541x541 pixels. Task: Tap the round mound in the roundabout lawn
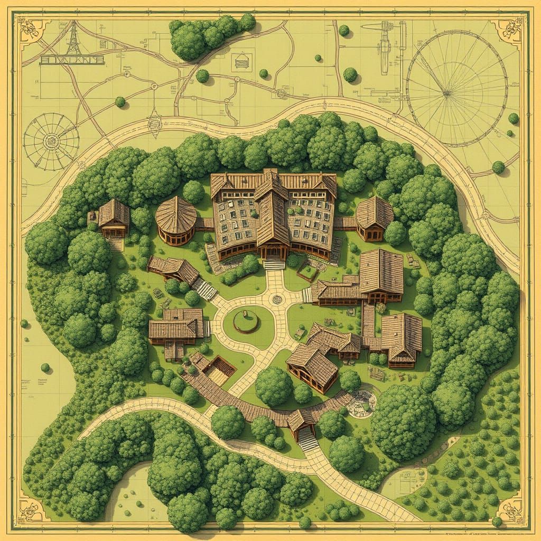pyautogui.click(x=246, y=321)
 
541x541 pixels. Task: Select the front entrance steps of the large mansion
pyautogui.click(x=274, y=264)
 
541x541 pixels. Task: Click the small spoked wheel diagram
pyautogui.click(x=51, y=141)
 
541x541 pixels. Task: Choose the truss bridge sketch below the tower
pyautogui.click(x=72, y=60)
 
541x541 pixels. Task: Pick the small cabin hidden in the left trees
pyautogui.click(x=113, y=219)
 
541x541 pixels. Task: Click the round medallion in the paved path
pyautogui.click(x=276, y=300)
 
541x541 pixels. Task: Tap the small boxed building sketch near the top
pyautogui.click(x=241, y=61)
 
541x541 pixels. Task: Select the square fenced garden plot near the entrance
pyautogui.click(x=307, y=272)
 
